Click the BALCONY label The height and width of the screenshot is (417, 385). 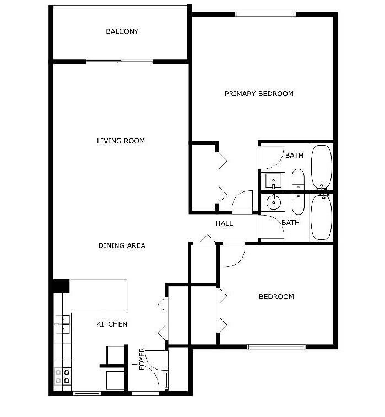122,31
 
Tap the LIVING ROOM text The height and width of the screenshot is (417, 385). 121,141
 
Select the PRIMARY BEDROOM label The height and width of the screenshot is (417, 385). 259,94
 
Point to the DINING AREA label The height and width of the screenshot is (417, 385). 122,246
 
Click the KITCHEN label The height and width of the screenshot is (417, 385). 112,324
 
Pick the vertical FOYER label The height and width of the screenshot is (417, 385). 142,359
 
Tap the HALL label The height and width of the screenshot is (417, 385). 224,223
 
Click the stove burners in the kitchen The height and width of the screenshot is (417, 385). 63,377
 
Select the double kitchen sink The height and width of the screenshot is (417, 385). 63,324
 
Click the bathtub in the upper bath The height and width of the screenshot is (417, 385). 322,167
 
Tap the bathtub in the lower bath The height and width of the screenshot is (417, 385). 322,217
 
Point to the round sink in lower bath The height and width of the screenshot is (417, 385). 274,202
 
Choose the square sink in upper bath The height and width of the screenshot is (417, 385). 273,181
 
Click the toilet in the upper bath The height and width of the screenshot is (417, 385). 298,179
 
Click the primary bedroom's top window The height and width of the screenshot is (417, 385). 265,14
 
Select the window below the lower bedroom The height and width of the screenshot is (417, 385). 276,347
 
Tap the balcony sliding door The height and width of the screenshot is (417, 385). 119,62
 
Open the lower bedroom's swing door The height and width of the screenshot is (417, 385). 234,255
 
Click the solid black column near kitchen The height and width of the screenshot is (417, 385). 61,286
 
